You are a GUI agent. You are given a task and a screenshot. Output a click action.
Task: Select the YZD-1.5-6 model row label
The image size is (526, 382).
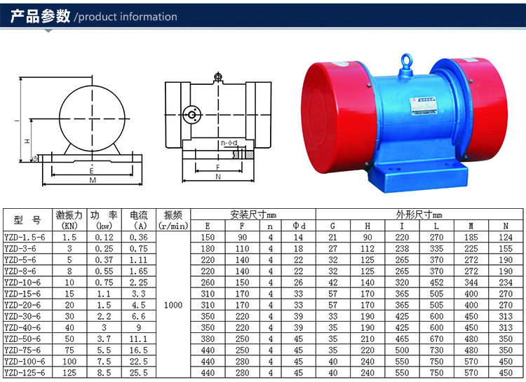[25, 238]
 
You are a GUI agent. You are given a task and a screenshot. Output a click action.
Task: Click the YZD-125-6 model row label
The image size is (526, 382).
[25, 373]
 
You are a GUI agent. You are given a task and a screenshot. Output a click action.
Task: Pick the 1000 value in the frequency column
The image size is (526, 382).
[173, 305]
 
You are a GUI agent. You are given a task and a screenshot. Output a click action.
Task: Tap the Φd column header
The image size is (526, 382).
[299, 226]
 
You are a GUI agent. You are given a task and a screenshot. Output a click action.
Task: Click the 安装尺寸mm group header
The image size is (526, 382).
[253, 214]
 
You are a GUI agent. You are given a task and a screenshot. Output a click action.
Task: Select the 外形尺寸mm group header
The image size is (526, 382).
[419, 214]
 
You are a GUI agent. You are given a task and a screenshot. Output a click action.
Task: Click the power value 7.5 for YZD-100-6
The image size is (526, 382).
[104, 362]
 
